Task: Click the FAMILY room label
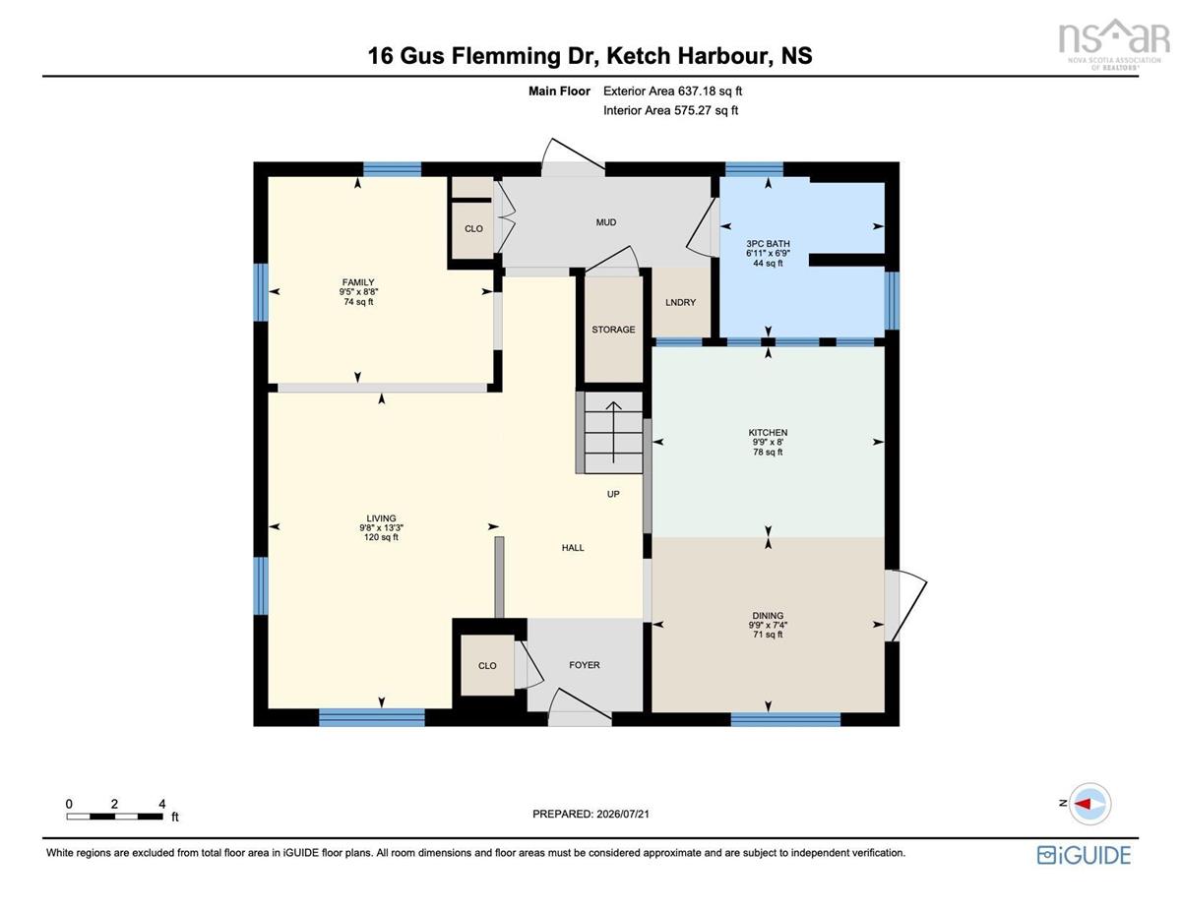(x=358, y=282)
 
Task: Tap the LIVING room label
(x=381, y=518)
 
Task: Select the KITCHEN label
(x=768, y=432)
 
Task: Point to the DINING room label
(x=768, y=616)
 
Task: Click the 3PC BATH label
(x=768, y=244)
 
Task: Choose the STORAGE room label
(x=613, y=330)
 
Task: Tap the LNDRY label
(x=680, y=302)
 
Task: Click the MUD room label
(x=606, y=222)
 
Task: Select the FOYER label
(x=585, y=665)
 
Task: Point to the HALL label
(x=573, y=548)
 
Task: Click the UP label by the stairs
(x=613, y=494)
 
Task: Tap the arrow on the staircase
(x=613, y=432)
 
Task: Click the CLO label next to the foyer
(x=487, y=665)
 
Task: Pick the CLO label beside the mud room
(x=473, y=228)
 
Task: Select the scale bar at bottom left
(x=115, y=817)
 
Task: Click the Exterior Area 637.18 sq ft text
(x=672, y=91)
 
